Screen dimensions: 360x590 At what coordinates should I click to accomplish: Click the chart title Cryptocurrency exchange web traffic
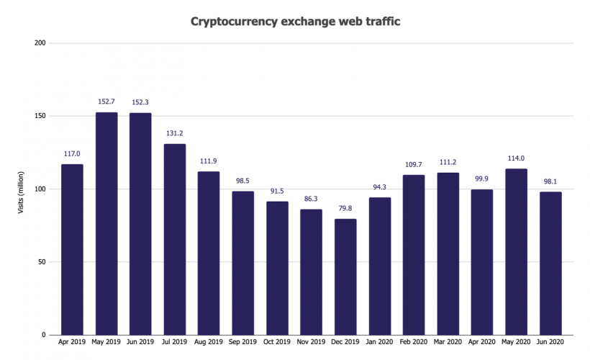(x=295, y=22)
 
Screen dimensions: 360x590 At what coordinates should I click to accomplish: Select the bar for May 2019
(x=106, y=223)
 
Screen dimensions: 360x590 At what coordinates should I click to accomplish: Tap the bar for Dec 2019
(x=345, y=276)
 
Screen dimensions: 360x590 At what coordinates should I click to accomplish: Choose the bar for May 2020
(x=516, y=252)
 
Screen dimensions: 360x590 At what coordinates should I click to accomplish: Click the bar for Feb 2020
(x=414, y=255)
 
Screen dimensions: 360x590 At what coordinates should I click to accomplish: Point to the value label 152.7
(x=106, y=102)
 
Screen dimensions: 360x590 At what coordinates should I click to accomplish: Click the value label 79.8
(x=345, y=209)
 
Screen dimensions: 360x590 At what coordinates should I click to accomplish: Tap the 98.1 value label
(x=550, y=181)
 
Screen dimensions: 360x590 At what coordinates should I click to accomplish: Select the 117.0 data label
(x=72, y=154)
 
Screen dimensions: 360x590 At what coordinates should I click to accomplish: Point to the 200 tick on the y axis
(x=40, y=43)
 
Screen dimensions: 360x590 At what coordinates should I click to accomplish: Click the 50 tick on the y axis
(x=42, y=262)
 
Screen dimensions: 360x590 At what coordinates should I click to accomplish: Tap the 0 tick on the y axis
(x=44, y=335)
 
